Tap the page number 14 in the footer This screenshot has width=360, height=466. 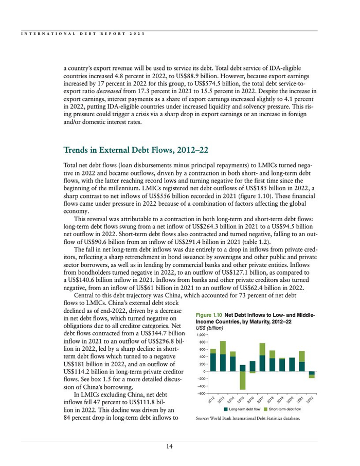[169, 446]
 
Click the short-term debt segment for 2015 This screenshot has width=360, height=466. [243, 380]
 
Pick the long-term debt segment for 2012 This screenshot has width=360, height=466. [213, 362]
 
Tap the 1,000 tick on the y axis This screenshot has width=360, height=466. [201, 334]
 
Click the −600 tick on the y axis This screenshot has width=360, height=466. [201, 393]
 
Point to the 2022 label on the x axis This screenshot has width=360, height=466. [310, 401]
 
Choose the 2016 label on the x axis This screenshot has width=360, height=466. [250, 401]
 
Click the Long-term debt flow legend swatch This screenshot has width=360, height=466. [226, 409]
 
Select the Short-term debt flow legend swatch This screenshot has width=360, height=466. [265, 409]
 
